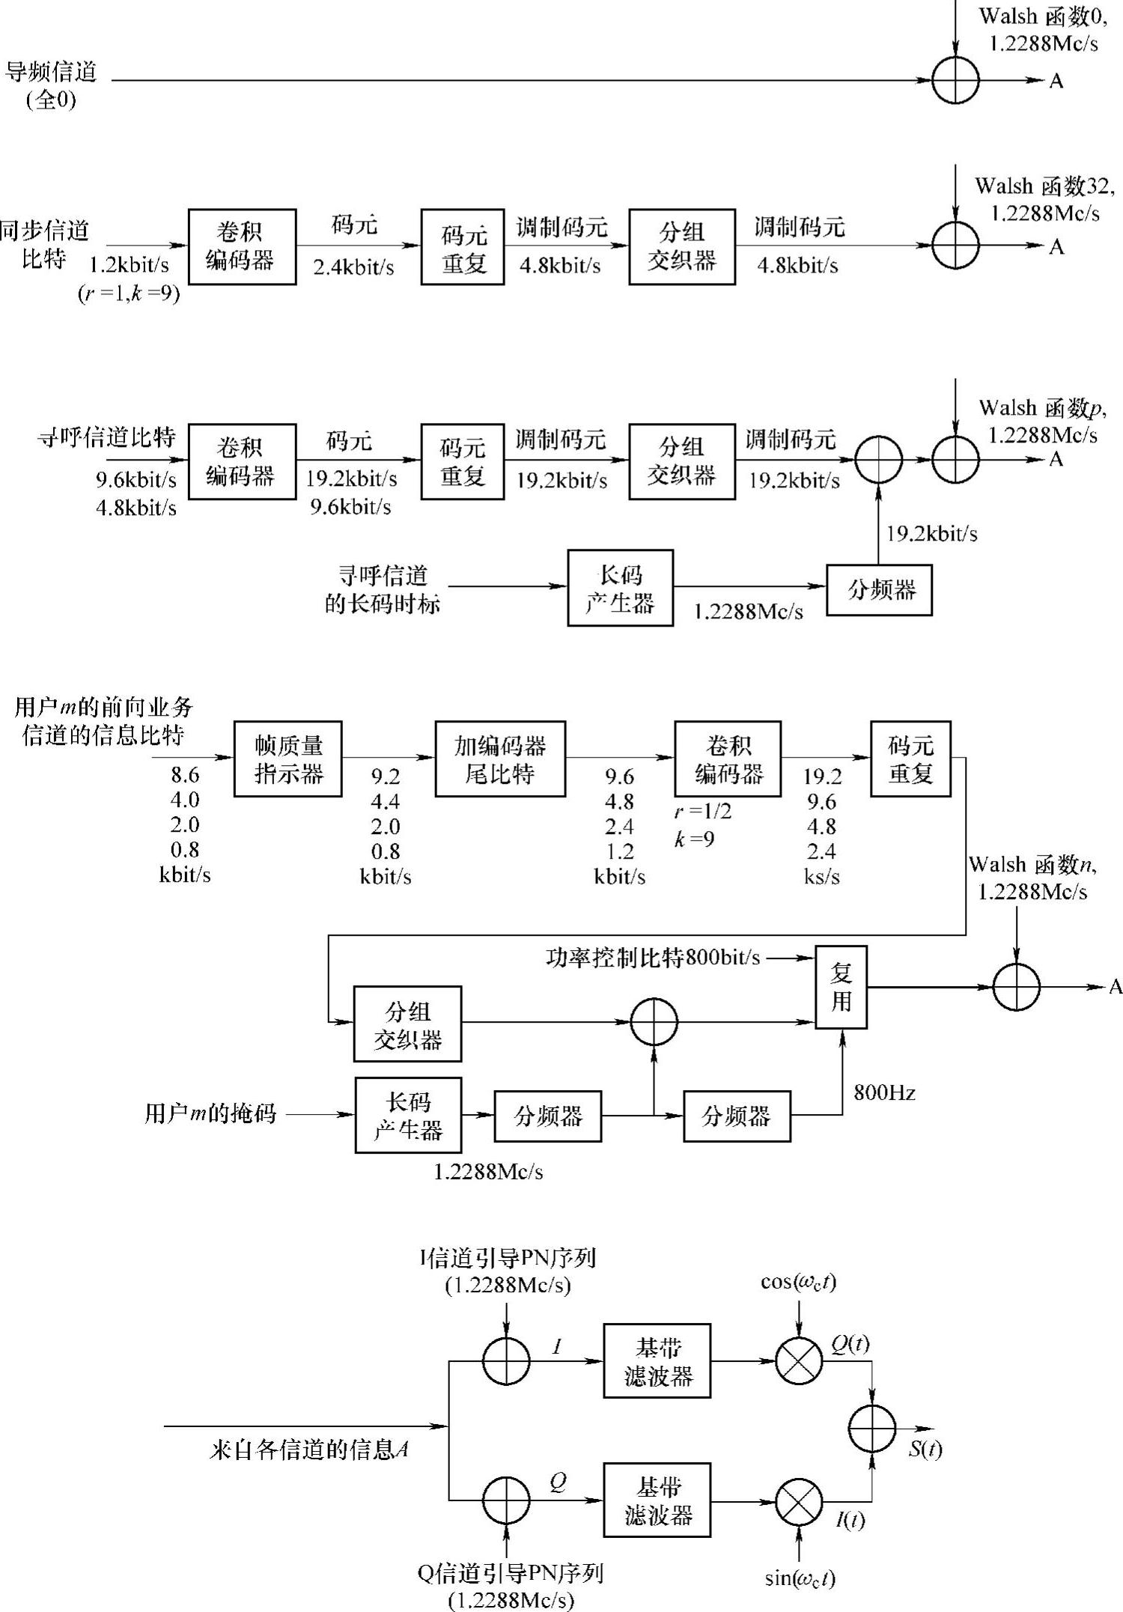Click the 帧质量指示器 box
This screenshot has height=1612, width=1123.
tap(288, 758)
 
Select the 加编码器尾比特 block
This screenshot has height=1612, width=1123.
tap(500, 758)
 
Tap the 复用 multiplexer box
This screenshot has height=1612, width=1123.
tap(841, 987)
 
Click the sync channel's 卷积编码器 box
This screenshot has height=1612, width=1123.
tap(241, 246)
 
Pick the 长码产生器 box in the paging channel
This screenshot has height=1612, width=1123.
tap(620, 588)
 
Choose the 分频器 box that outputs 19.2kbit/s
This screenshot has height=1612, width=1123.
tap(879, 590)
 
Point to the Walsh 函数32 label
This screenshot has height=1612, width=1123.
tap(1044, 186)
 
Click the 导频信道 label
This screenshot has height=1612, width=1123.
tap(51, 73)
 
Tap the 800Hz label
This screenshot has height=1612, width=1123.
tap(884, 1093)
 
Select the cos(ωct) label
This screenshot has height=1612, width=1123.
tap(798, 1283)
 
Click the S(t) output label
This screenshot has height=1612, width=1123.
tap(925, 1450)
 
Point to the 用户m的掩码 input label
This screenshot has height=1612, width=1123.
tap(210, 1114)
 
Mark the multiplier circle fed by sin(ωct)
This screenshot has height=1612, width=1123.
tap(799, 1501)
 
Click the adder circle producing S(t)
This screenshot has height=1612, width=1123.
tap(872, 1429)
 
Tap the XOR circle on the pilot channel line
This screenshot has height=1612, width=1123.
tap(955, 80)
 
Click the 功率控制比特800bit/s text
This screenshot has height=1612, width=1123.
tap(653, 958)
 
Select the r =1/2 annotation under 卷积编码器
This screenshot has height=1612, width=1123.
tap(702, 812)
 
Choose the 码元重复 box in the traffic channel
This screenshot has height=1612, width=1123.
tap(910, 758)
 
